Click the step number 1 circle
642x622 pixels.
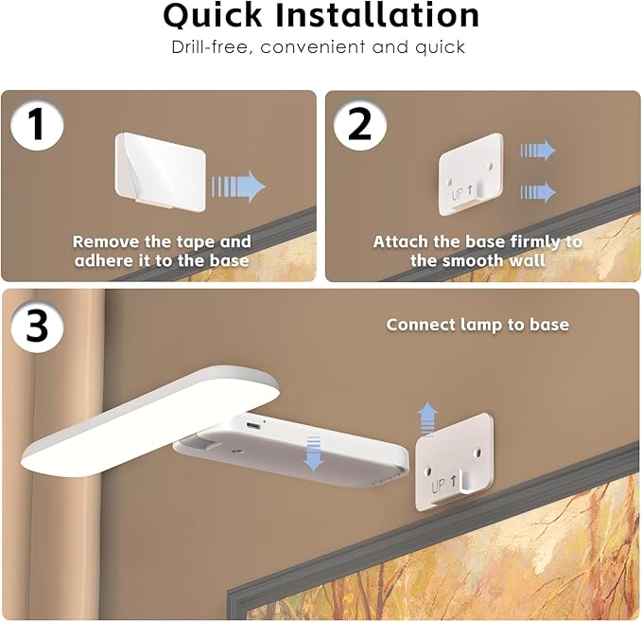[37, 123]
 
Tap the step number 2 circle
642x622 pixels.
[360, 123]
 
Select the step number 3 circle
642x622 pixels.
[37, 326]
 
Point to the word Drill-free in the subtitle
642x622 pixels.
[211, 47]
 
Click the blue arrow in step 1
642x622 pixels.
[238, 187]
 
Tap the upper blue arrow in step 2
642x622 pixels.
[538, 151]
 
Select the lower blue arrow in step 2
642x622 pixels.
[538, 192]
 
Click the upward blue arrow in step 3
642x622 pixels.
[428, 419]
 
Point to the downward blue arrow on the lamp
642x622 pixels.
[314, 453]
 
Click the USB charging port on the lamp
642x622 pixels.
[252, 426]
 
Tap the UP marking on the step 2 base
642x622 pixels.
[462, 193]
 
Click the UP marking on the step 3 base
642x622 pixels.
[443, 485]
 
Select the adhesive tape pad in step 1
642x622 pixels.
[161, 170]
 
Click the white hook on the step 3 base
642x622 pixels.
[464, 482]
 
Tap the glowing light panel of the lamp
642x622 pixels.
[150, 421]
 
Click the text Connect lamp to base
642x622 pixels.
[477, 325]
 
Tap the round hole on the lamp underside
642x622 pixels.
[236, 451]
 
